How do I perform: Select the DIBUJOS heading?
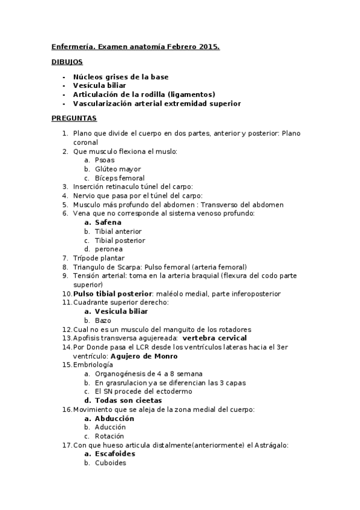[67, 62]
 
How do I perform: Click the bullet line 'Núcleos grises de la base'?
[120, 77]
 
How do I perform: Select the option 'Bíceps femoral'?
[120, 179]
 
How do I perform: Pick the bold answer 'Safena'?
[108, 223]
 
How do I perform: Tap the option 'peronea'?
[108, 249]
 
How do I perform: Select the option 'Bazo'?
[103, 321]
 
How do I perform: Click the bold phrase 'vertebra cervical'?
[216, 338]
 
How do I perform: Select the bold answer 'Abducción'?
[114, 418]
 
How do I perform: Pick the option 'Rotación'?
[110, 436]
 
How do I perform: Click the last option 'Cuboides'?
[111, 463]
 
